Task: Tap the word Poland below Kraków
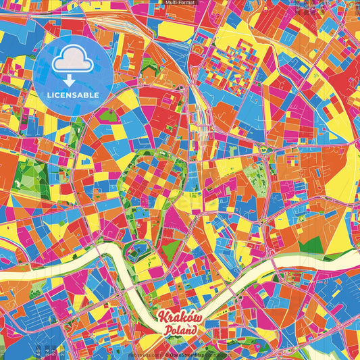point(180,330)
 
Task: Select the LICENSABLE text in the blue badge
point(72,95)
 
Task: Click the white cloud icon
point(72,61)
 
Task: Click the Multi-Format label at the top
point(180,3)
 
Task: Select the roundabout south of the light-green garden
point(262,222)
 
